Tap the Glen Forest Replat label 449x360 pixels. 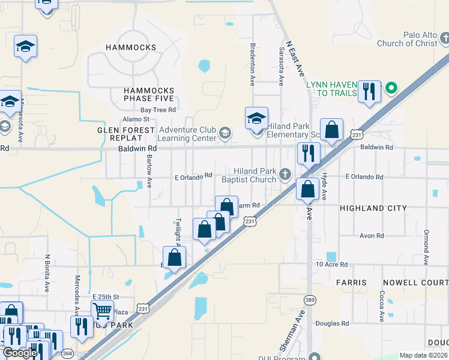[x=127, y=130]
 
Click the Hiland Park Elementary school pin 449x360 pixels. [x=256, y=118]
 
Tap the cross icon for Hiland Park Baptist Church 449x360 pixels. [x=285, y=175]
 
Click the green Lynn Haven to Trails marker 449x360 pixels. [x=391, y=88]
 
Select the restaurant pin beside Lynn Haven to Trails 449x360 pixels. [x=369, y=91]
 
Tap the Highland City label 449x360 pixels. [x=373, y=208]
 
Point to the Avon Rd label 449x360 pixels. [x=372, y=236]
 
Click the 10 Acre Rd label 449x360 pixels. [x=332, y=265]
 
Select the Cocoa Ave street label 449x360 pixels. [x=381, y=307]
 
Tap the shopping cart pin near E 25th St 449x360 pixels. [x=102, y=311]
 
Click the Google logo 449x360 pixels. [x=20, y=353]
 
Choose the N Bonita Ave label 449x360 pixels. [x=47, y=273]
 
